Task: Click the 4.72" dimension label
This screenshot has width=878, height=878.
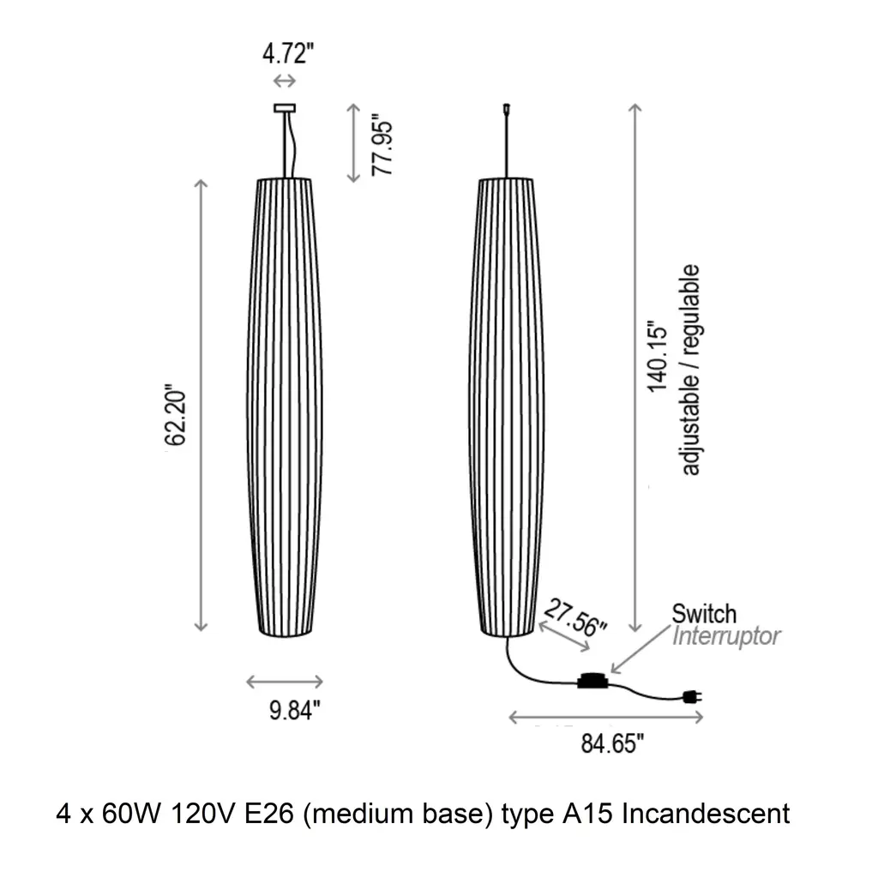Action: coord(288,54)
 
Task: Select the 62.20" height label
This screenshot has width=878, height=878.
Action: coord(175,415)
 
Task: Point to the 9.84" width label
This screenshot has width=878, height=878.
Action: coord(295,710)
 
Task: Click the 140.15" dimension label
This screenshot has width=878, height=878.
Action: coord(658,357)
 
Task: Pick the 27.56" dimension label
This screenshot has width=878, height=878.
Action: coord(575,617)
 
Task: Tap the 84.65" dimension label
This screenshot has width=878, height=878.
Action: coord(612,743)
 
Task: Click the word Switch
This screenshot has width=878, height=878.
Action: coord(704,614)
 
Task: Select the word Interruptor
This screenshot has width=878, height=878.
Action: coord(726,636)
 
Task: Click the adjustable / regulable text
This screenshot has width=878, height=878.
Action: coord(690,370)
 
